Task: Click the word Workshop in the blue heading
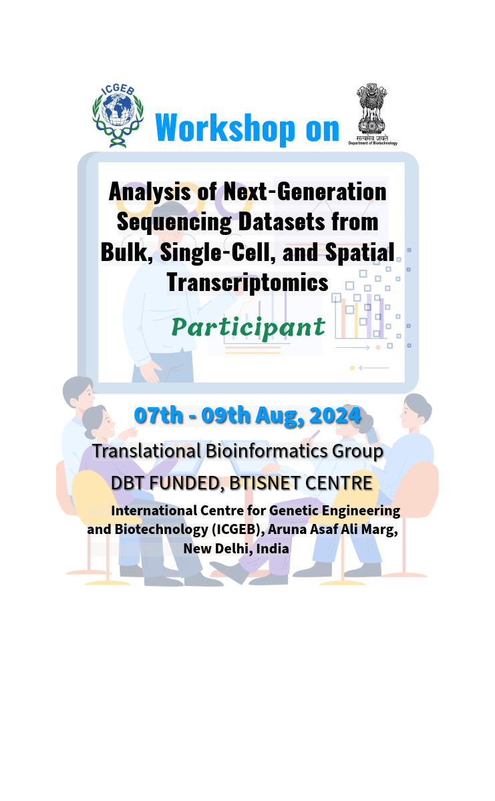pyautogui.click(x=225, y=128)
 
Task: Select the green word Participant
pyautogui.click(x=248, y=328)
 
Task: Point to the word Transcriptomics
pyautogui.click(x=247, y=282)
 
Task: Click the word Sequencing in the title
pyautogui.click(x=174, y=222)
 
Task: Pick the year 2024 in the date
pyautogui.click(x=335, y=415)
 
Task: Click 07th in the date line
pyautogui.click(x=158, y=415)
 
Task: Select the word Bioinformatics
pyautogui.click(x=267, y=451)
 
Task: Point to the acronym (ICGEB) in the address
pyautogui.click(x=238, y=529)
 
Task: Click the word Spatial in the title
pyautogui.click(x=359, y=252)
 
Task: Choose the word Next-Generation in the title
pyautogui.click(x=305, y=192)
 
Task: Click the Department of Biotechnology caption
pyautogui.click(x=373, y=143)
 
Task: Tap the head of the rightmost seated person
pyautogui.click(x=416, y=411)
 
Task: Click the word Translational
pyautogui.click(x=147, y=451)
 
